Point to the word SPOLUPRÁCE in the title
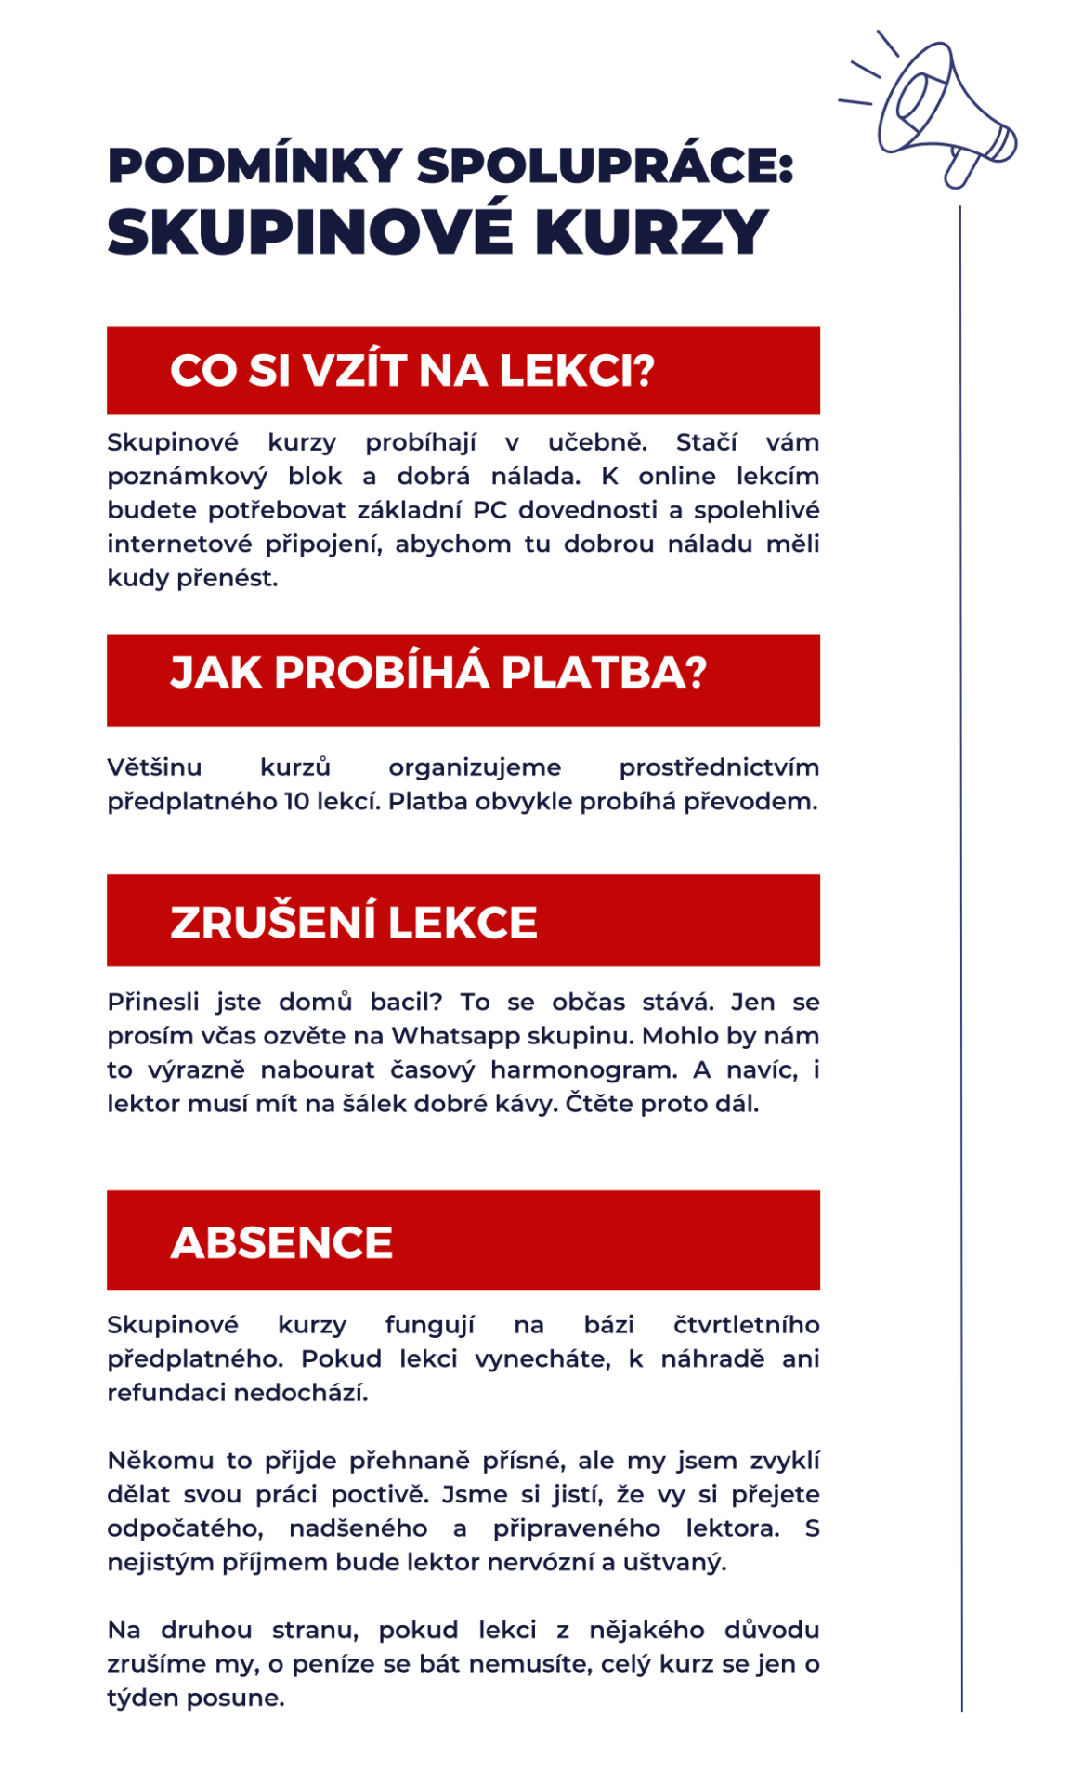[604, 166]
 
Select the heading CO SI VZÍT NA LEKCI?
[411, 371]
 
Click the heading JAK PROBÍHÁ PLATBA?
[437, 673]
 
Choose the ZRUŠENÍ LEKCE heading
[353, 923]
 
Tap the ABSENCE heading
[281, 1243]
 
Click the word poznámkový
[187, 477]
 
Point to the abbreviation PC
[489, 510]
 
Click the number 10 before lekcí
[298, 801]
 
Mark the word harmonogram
[583, 1069]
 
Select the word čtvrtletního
[746, 1325]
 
